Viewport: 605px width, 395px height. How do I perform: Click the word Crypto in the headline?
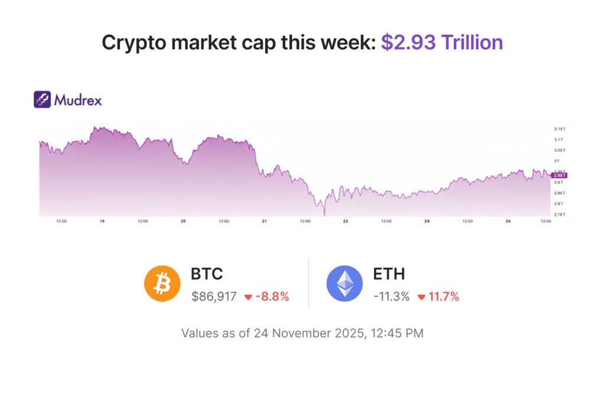pos(132,43)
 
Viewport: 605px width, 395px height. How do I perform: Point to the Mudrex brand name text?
pos(77,100)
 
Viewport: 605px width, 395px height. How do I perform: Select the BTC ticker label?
pos(207,274)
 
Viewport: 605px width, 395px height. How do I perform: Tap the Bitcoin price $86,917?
pos(213,296)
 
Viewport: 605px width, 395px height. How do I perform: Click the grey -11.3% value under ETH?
pos(391,296)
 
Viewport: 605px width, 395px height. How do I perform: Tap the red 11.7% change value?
pos(443,296)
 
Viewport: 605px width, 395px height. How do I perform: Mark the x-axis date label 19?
pos(102,221)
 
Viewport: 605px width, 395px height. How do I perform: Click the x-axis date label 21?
pos(265,221)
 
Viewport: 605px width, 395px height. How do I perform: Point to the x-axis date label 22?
pos(346,221)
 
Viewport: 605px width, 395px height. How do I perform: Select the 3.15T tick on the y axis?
pos(560,129)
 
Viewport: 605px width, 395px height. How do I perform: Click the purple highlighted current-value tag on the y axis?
pos(559,175)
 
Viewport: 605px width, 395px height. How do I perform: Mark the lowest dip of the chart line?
pos(324,214)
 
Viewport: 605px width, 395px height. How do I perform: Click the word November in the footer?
pos(302,333)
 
